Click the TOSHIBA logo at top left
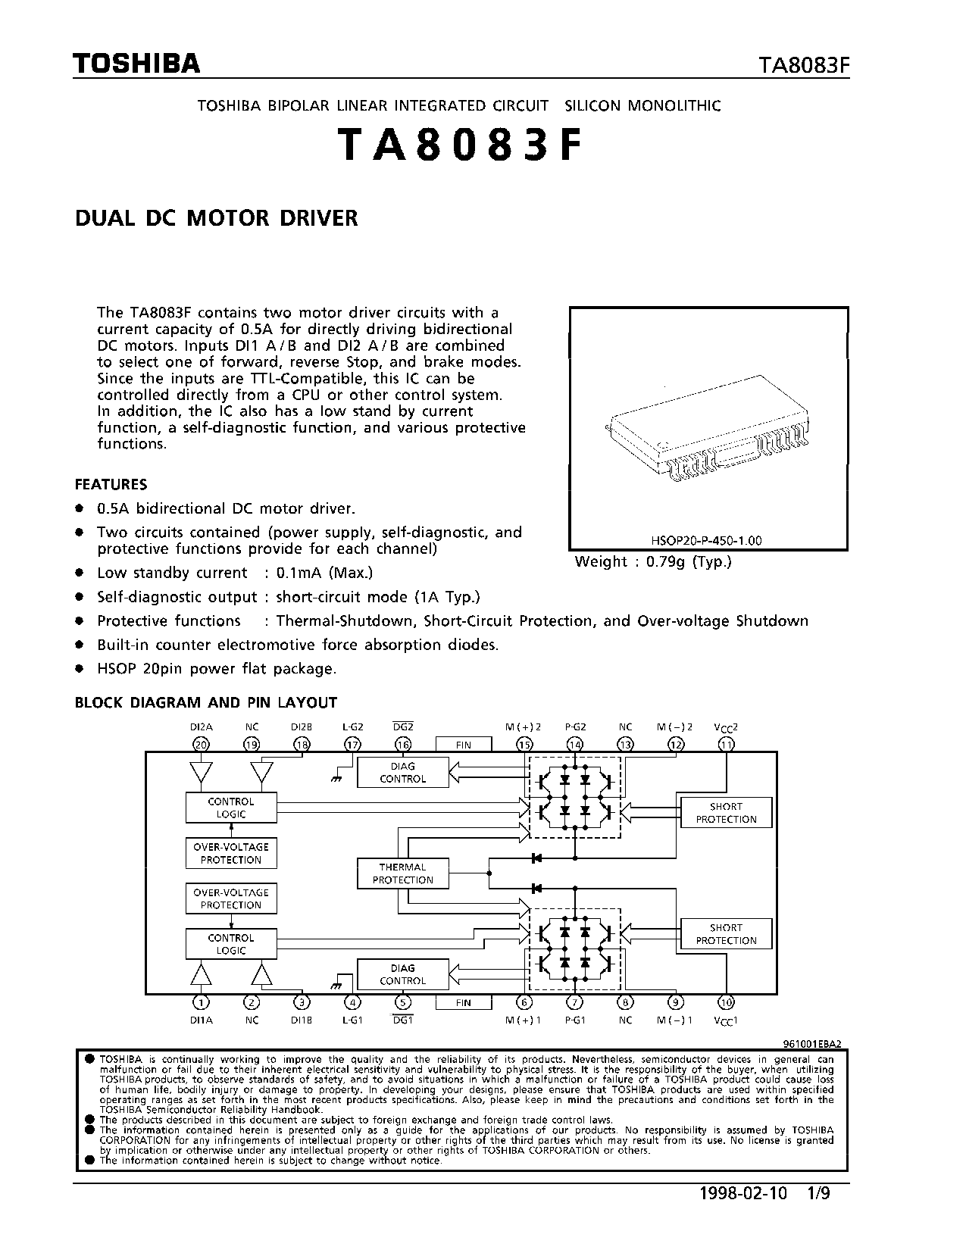[x=136, y=64]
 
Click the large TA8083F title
[x=461, y=146]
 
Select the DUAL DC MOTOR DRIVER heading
[x=216, y=218]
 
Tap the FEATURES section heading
[x=111, y=485]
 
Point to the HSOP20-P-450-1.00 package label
[x=706, y=541]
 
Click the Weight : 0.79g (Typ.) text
[x=653, y=562]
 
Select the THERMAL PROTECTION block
[x=403, y=873]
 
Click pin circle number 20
[x=201, y=744]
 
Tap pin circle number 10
[x=727, y=1002]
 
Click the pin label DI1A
[x=202, y=1020]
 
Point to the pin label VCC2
[x=726, y=727]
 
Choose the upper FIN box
[x=464, y=745]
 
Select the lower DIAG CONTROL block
[x=403, y=974]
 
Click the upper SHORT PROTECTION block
[x=727, y=813]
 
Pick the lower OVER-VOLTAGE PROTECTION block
[x=231, y=898]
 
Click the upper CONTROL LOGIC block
[x=231, y=808]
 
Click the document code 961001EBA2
[x=811, y=1043]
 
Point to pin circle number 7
[x=575, y=1002]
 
